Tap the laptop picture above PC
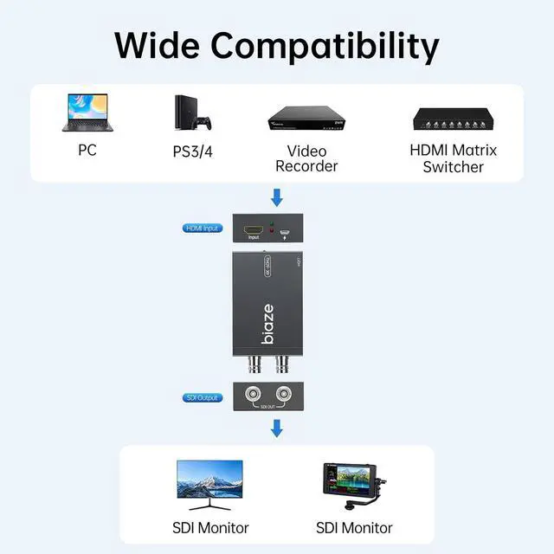click(87, 114)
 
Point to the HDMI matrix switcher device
click(453, 120)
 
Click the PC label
click(87, 150)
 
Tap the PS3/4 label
click(191, 151)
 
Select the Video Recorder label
click(306, 158)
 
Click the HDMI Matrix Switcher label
click(453, 158)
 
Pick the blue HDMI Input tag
click(201, 228)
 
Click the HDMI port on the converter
click(254, 231)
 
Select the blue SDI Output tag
click(201, 397)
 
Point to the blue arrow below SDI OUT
click(277, 428)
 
